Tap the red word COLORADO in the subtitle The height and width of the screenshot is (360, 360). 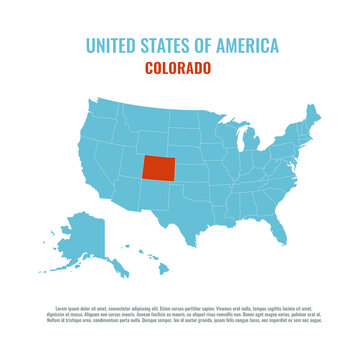point(178,69)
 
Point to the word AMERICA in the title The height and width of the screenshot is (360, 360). point(249,45)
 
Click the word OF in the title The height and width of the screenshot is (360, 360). point(206,45)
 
